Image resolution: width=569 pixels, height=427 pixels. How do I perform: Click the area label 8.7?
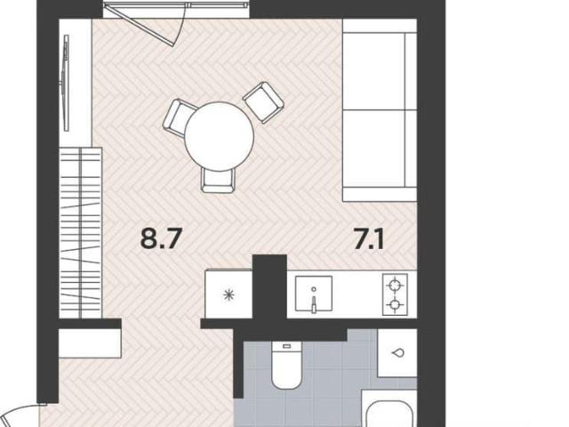tap(160, 239)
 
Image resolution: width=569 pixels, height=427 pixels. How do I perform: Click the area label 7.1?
tap(369, 239)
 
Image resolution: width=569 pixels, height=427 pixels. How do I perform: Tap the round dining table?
tap(220, 136)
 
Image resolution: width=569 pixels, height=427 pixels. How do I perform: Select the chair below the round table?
tap(218, 180)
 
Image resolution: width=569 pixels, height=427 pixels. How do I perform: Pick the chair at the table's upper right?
tap(263, 102)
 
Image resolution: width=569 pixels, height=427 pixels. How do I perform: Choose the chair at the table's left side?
tap(178, 118)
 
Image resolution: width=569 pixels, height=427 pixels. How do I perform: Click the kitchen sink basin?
tap(314, 294)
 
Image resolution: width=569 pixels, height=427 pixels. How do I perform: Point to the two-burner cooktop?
tap(395, 294)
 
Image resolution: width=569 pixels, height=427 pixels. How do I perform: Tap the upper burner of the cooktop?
tap(395, 285)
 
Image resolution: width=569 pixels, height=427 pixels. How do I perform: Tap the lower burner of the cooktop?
tap(395, 304)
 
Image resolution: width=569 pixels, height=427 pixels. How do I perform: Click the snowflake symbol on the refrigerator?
tap(228, 294)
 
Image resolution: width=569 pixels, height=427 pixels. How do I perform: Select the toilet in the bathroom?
tap(286, 365)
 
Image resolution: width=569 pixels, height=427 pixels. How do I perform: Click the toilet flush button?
tap(286, 346)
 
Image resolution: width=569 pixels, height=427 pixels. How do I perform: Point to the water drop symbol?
tap(398, 352)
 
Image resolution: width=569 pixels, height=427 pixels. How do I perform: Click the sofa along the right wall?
tap(380, 110)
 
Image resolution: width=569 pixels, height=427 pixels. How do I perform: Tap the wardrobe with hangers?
tap(81, 233)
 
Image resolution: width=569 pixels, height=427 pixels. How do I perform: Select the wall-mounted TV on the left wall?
tap(66, 83)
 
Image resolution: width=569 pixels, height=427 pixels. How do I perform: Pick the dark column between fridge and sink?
tap(269, 286)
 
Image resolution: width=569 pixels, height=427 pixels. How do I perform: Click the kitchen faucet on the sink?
tap(314, 303)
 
